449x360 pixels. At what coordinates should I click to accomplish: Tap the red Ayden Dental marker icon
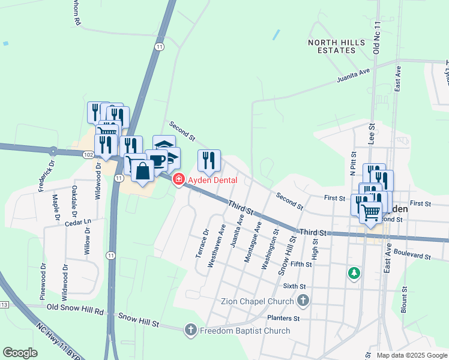178,179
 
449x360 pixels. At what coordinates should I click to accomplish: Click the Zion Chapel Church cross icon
304,301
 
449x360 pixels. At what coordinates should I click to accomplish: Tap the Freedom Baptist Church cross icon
190,329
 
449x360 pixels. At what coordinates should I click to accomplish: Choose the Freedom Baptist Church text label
245,331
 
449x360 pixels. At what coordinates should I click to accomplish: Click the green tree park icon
354,274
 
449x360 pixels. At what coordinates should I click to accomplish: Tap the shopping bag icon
143,171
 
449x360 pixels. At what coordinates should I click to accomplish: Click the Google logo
20,353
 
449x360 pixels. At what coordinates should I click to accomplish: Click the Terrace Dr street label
202,244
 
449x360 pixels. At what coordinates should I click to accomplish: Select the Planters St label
284,318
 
